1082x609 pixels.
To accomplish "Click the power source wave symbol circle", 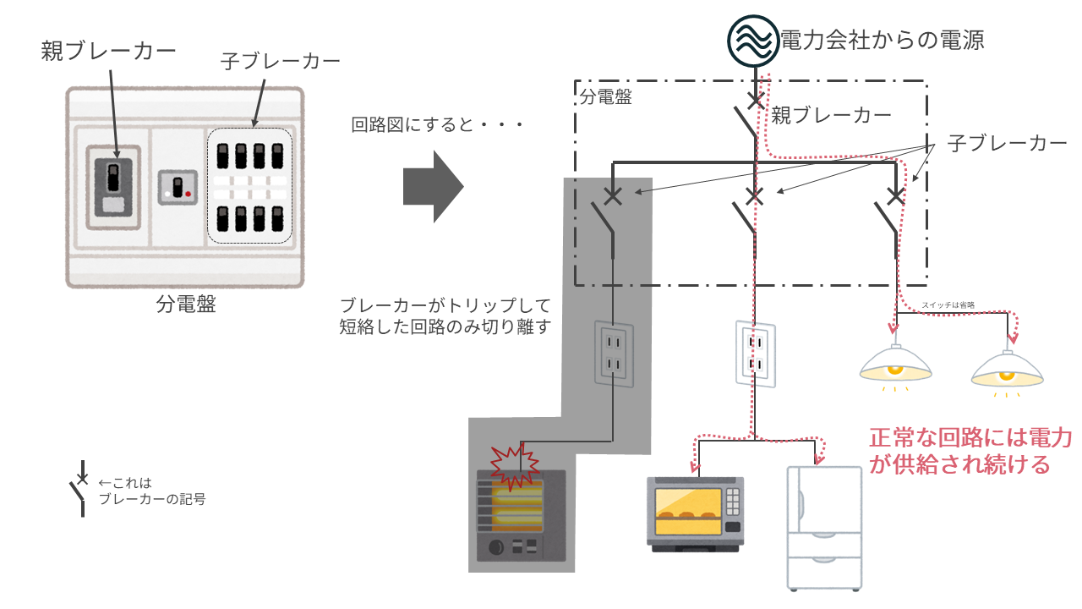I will (752, 40).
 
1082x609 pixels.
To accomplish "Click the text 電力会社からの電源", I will (883, 39).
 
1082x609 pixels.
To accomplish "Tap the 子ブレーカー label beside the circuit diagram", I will (1008, 143).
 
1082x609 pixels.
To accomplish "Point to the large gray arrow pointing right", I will (433, 187).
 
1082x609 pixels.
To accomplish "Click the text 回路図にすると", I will (437, 125).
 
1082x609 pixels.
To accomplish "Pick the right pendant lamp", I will (1007, 369).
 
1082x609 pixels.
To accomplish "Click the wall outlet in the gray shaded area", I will (614, 354).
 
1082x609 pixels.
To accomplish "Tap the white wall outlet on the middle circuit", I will (755, 354).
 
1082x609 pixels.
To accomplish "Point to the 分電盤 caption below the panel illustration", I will (186, 304).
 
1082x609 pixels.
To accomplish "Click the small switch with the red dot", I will (178, 187).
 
